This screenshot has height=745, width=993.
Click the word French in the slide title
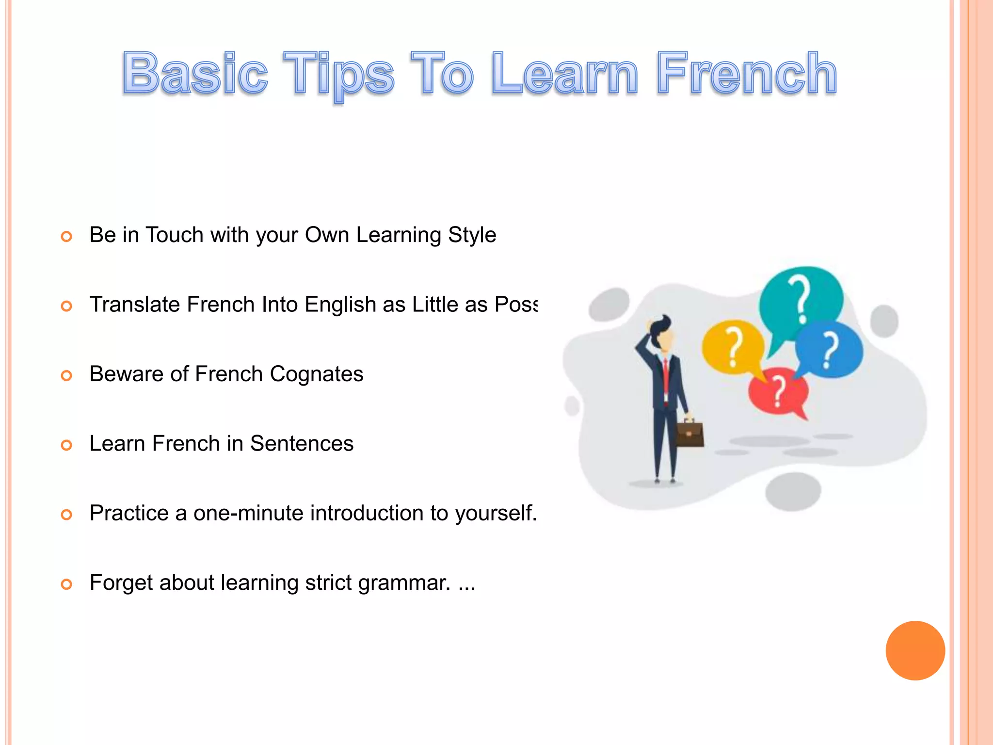coord(747,74)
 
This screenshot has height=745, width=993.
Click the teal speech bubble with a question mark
coord(800,298)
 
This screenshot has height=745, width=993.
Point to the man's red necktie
coord(666,376)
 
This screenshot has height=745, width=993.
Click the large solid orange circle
coord(915,650)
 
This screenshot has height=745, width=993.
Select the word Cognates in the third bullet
coord(316,374)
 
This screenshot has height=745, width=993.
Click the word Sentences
coord(302,443)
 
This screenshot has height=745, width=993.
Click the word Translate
coord(135,305)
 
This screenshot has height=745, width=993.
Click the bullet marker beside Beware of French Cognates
coord(66,375)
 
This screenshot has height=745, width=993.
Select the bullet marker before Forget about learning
coord(66,584)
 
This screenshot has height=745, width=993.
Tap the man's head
coord(662,335)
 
